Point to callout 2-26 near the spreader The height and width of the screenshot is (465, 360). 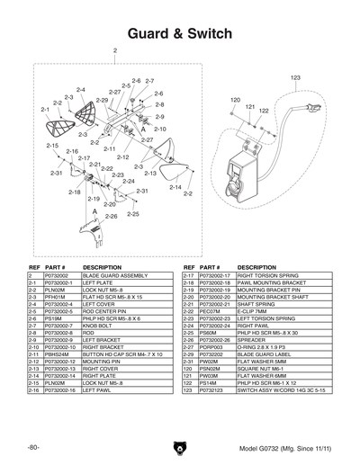pos(112,217)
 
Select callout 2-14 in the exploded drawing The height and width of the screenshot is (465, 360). pos(176,188)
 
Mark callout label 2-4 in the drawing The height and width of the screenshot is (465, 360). pos(80,90)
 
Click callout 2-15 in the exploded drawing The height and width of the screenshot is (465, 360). pos(51,145)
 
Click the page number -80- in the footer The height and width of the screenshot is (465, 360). pos(32,447)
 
